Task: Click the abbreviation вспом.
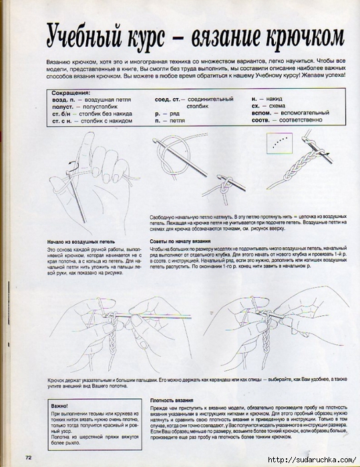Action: click(x=263, y=114)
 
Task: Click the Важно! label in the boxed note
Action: click(x=61, y=406)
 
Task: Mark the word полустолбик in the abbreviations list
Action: click(x=92, y=107)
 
